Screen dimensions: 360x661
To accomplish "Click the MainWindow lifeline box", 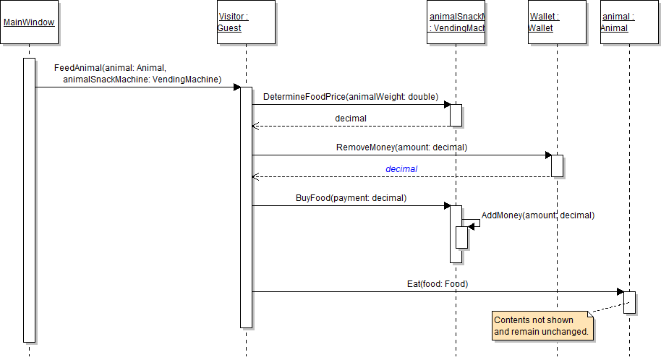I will tap(29, 22).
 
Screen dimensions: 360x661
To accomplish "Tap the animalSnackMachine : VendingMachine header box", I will tap(456, 22).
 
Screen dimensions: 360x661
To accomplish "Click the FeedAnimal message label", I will tap(137, 74).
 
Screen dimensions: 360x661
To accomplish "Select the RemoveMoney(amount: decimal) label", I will tap(401, 147).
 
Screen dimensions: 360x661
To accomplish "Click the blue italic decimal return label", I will tap(401, 168).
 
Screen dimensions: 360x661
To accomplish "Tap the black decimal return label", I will tap(351, 118).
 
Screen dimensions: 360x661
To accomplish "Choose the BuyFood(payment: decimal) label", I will tap(351, 197).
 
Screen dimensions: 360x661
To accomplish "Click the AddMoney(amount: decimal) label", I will tap(537, 215).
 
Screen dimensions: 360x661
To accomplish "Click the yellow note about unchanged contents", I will tap(542, 326).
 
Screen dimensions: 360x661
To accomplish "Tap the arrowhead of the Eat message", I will tap(620, 292).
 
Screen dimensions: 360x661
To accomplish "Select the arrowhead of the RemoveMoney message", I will tap(547, 155).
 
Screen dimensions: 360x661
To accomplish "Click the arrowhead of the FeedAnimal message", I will tap(236, 87).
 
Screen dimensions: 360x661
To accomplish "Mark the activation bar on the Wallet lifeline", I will tap(557, 166).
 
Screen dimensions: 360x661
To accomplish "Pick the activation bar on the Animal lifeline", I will tap(629, 302).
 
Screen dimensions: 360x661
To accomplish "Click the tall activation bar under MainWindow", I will tap(29, 200).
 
